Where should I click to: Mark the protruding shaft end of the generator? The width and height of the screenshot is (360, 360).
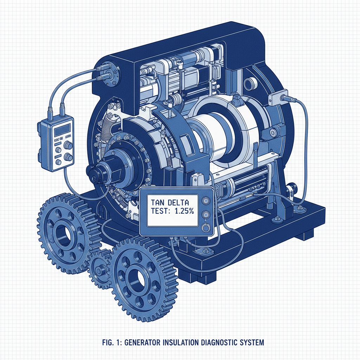point(95,173)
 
